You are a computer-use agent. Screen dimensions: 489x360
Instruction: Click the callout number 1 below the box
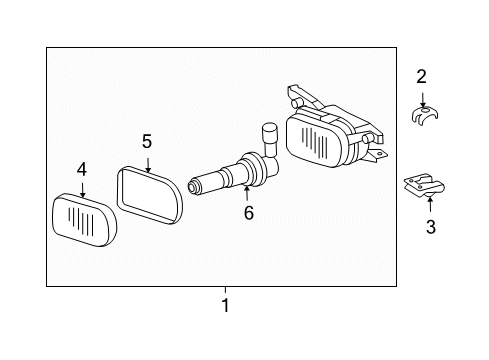(x=226, y=305)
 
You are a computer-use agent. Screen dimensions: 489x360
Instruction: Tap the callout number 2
(x=421, y=77)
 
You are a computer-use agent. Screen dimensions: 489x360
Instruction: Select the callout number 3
(x=431, y=227)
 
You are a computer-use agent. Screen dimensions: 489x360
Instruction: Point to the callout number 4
(x=82, y=169)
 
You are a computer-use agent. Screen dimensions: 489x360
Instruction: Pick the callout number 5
(x=147, y=141)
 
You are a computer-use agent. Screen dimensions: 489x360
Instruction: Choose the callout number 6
(x=249, y=213)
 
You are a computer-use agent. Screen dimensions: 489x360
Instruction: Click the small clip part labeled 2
(x=424, y=115)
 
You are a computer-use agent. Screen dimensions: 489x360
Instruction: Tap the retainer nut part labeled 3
(x=424, y=185)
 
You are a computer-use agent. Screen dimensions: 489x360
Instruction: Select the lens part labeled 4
(x=85, y=220)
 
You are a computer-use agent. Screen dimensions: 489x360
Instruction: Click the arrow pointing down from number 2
(x=423, y=99)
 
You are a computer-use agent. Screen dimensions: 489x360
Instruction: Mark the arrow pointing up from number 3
(x=430, y=204)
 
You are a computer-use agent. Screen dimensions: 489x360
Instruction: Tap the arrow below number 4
(x=82, y=190)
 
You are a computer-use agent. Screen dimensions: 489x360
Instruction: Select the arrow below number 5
(x=148, y=165)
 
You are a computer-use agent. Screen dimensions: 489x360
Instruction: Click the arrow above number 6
(x=247, y=193)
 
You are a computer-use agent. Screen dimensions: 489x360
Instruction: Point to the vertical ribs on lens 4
(x=81, y=219)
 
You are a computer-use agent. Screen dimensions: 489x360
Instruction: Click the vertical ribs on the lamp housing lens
(x=314, y=140)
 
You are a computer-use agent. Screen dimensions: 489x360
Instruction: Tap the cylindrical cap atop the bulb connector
(x=269, y=132)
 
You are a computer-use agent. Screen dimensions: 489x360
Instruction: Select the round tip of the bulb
(x=192, y=187)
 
